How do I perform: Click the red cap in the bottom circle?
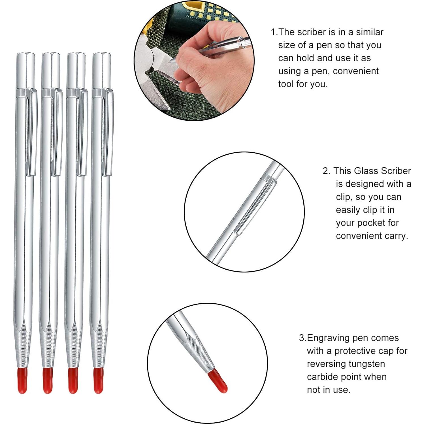pyautogui.click(x=218, y=381)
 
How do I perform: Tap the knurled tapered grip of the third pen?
pyautogui.click(x=73, y=348)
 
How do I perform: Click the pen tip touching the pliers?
pyautogui.click(x=171, y=61)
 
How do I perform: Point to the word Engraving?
pyautogui.click(x=329, y=338)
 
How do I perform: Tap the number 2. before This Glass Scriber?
pyautogui.click(x=326, y=171)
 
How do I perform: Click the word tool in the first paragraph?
pyautogui.click(x=286, y=84)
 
